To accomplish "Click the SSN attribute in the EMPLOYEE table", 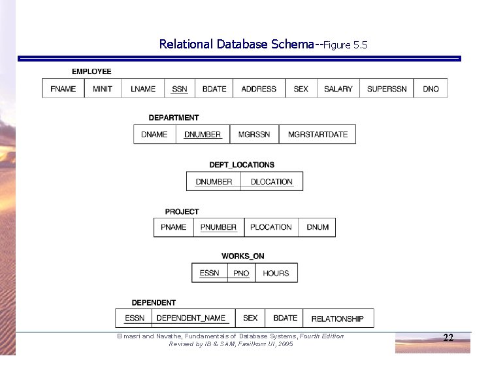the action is click(x=179, y=89).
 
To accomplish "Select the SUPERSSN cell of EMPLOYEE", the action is click(x=387, y=89).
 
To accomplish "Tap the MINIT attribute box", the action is click(x=103, y=89).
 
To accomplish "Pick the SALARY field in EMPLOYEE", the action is click(x=338, y=89).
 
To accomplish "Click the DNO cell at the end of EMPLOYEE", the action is click(x=431, y=89).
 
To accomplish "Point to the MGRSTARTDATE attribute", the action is click(x=318, y=134).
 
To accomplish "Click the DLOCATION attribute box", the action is click(x=272, y=182).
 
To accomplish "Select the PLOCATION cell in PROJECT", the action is click(x=270, y=227).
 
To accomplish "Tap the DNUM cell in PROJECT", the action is click(x=318, y=227).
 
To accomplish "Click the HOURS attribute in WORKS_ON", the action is click(x=276, y=273).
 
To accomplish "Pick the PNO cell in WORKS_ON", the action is click(x=241, y=273).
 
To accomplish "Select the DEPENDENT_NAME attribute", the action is click(x=191, y=318).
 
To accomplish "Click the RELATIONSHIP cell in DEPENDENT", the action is click(x=337, y=319).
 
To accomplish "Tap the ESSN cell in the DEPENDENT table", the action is click(x=135, y=318).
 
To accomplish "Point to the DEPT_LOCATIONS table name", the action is click(x=242, y=165).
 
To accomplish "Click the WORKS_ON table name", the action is click(x=243, y=257).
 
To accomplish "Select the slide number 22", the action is click(x=448, y=338).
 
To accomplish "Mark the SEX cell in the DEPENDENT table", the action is click(x=250, y=318).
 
